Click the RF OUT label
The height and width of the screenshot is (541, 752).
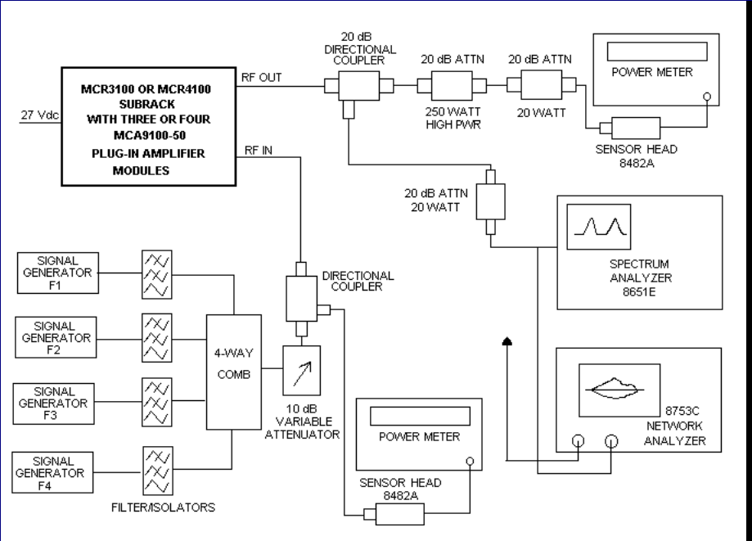(x=262, y=77)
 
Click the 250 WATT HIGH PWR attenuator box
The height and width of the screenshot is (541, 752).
(x=448, y=84)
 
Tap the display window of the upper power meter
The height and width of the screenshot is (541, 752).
(x=651, y=51)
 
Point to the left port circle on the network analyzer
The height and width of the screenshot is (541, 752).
(x=579, y=442)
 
